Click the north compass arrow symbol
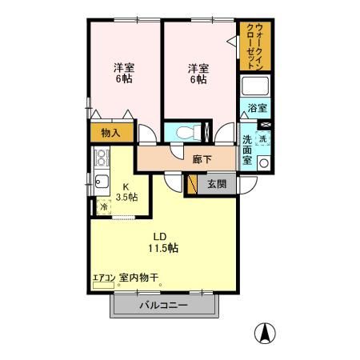(x=266, y=330)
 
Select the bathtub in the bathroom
(x=255, y=87)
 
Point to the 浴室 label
(x=257, y=108)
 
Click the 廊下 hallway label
(x=202, y=159)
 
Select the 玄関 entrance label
(x=217, y=184)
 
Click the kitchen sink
(x=102, y=181)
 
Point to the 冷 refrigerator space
(x=103, y=206)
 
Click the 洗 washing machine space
(x=262, y=138)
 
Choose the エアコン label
(x=103, y=278)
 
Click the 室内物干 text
(x=139, y=278)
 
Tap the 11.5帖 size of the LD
(x=162, y=248)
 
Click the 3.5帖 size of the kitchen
(x=126, y=196)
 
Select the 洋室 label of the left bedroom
(x=123, y=68)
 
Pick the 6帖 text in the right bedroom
(x=198, y=79)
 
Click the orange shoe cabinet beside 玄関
(x=192, y=184)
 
